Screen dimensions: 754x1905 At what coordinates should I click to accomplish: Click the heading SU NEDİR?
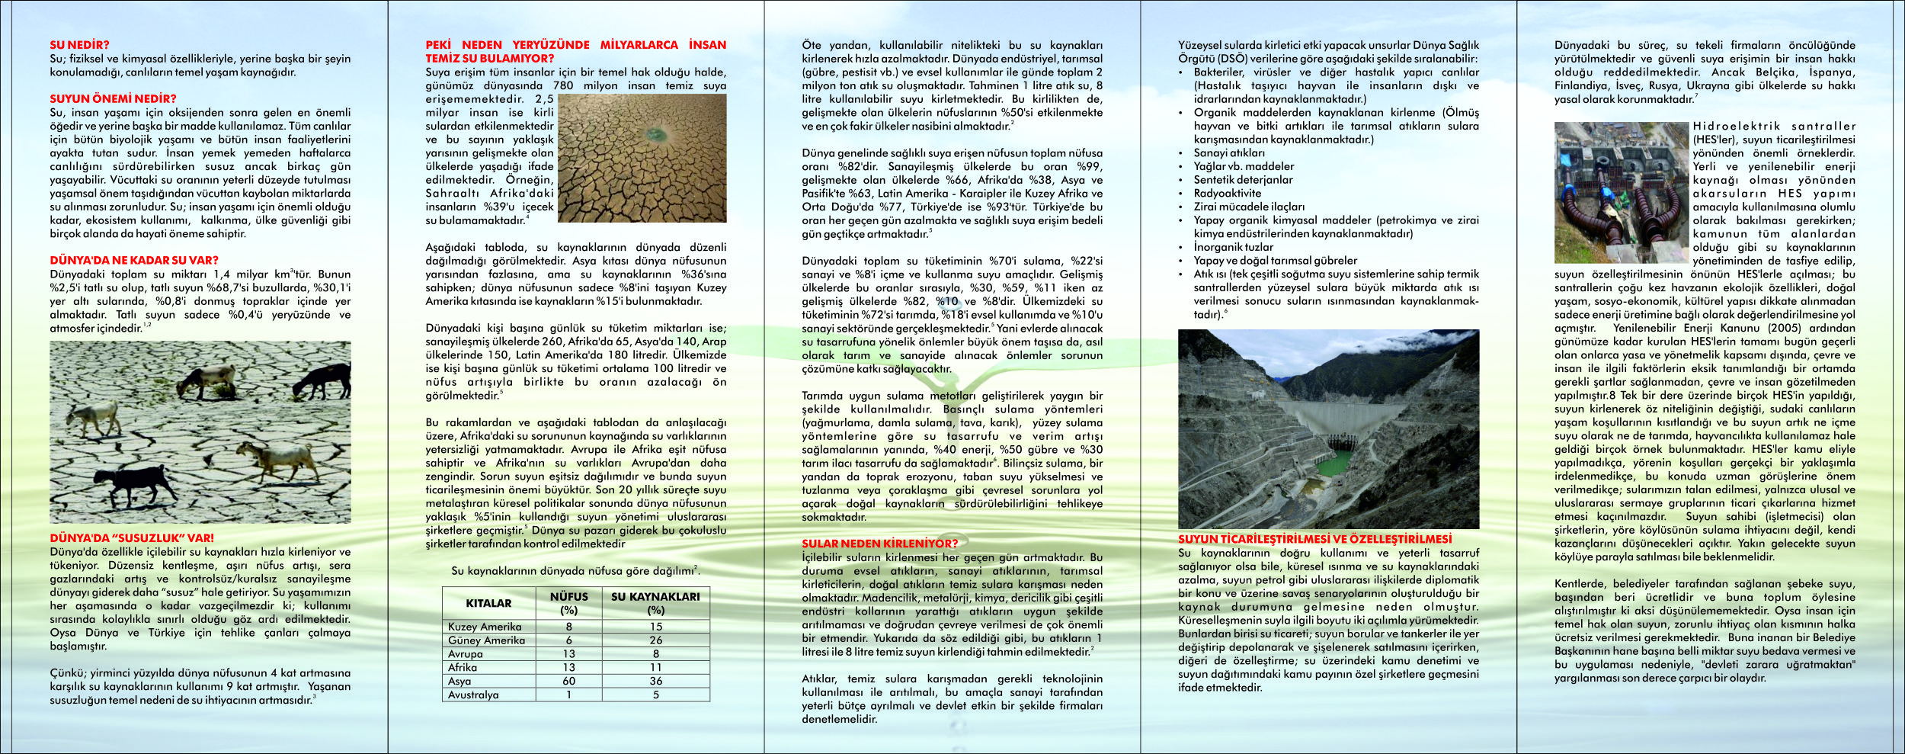(79, 45)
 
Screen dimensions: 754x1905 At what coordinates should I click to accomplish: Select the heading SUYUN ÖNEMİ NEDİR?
(113, 99)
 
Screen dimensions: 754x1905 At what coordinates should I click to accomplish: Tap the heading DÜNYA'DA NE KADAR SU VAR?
(134, 261)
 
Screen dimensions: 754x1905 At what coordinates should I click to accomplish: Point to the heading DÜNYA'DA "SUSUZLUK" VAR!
(132, 538)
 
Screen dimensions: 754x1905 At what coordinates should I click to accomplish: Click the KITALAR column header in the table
(488, 603)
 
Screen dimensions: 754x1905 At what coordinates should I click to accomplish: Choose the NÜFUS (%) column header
(568, 603)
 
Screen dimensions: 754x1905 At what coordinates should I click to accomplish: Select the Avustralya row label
(473, 695)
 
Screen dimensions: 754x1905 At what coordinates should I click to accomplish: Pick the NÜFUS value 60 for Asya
(568, 682)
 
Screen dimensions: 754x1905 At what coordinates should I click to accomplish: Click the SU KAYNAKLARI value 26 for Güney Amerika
(655, 640)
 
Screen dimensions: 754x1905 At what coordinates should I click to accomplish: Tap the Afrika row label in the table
(463, 668)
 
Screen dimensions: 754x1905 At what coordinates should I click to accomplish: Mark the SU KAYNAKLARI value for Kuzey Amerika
(655, 627)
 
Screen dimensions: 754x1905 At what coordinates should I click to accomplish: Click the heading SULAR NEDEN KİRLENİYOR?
(879, 544)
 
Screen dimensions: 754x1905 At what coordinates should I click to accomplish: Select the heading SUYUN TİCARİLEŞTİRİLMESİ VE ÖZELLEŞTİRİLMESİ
(1314, 539)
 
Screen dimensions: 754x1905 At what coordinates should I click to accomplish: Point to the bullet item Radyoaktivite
(1227, 194)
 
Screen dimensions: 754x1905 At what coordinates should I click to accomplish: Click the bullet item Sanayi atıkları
(1229, 153)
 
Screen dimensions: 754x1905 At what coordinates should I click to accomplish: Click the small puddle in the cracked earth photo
(653, 135)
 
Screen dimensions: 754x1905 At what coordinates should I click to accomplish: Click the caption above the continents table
(575, 571)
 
